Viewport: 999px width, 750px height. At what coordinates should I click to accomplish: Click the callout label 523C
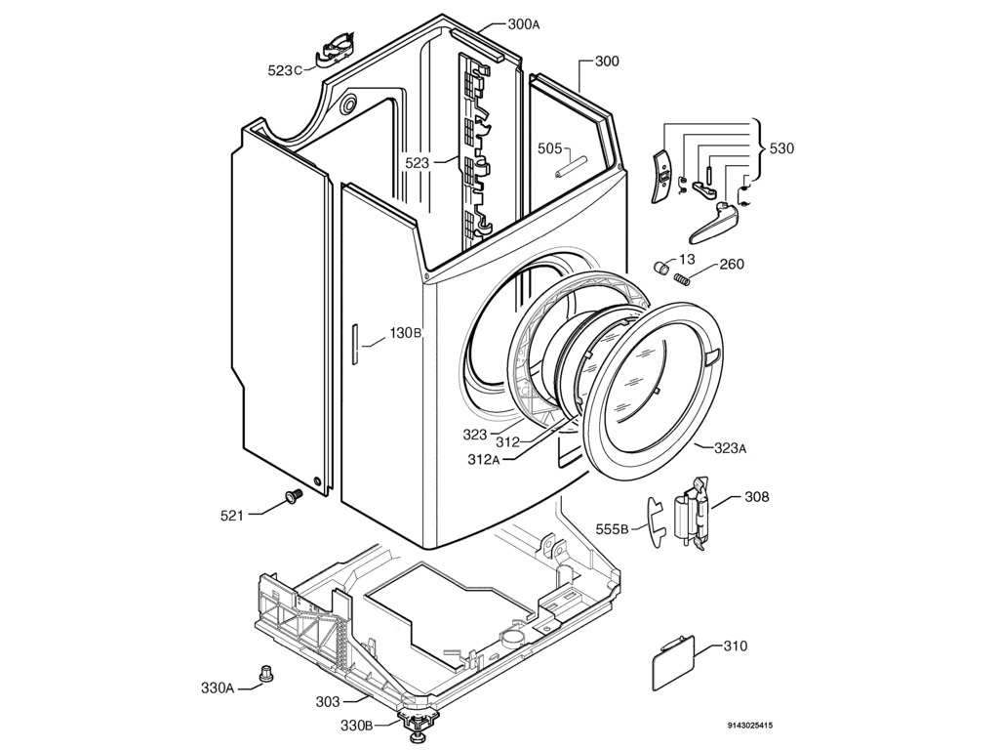285,69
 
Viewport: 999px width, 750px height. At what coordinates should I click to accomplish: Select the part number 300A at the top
523,24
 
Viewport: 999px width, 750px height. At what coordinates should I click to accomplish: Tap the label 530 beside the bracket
781,148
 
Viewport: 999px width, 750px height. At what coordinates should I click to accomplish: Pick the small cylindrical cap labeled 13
661,267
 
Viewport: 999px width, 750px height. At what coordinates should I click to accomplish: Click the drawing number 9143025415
750,726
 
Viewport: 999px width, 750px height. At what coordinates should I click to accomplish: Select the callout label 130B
405,333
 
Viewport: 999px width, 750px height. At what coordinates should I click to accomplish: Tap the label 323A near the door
730,448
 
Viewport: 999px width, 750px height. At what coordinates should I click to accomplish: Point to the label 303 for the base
328,701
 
